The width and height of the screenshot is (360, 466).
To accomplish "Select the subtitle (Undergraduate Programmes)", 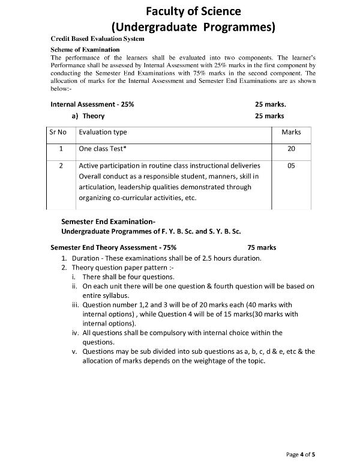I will click(193, 27).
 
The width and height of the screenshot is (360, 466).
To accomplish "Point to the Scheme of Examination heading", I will click(85, 49).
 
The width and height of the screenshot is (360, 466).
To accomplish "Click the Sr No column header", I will click(61, 132).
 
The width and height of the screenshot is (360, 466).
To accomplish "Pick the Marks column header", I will click(291, 132).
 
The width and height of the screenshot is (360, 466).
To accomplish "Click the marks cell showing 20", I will click(291, 148).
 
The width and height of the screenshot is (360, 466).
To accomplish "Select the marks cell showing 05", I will click(291, 165).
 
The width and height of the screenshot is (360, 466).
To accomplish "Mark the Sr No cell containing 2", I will click(61, 165).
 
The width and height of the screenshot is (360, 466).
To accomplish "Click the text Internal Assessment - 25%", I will click(92, 104).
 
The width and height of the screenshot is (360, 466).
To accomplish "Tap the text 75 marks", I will click(262, 247).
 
